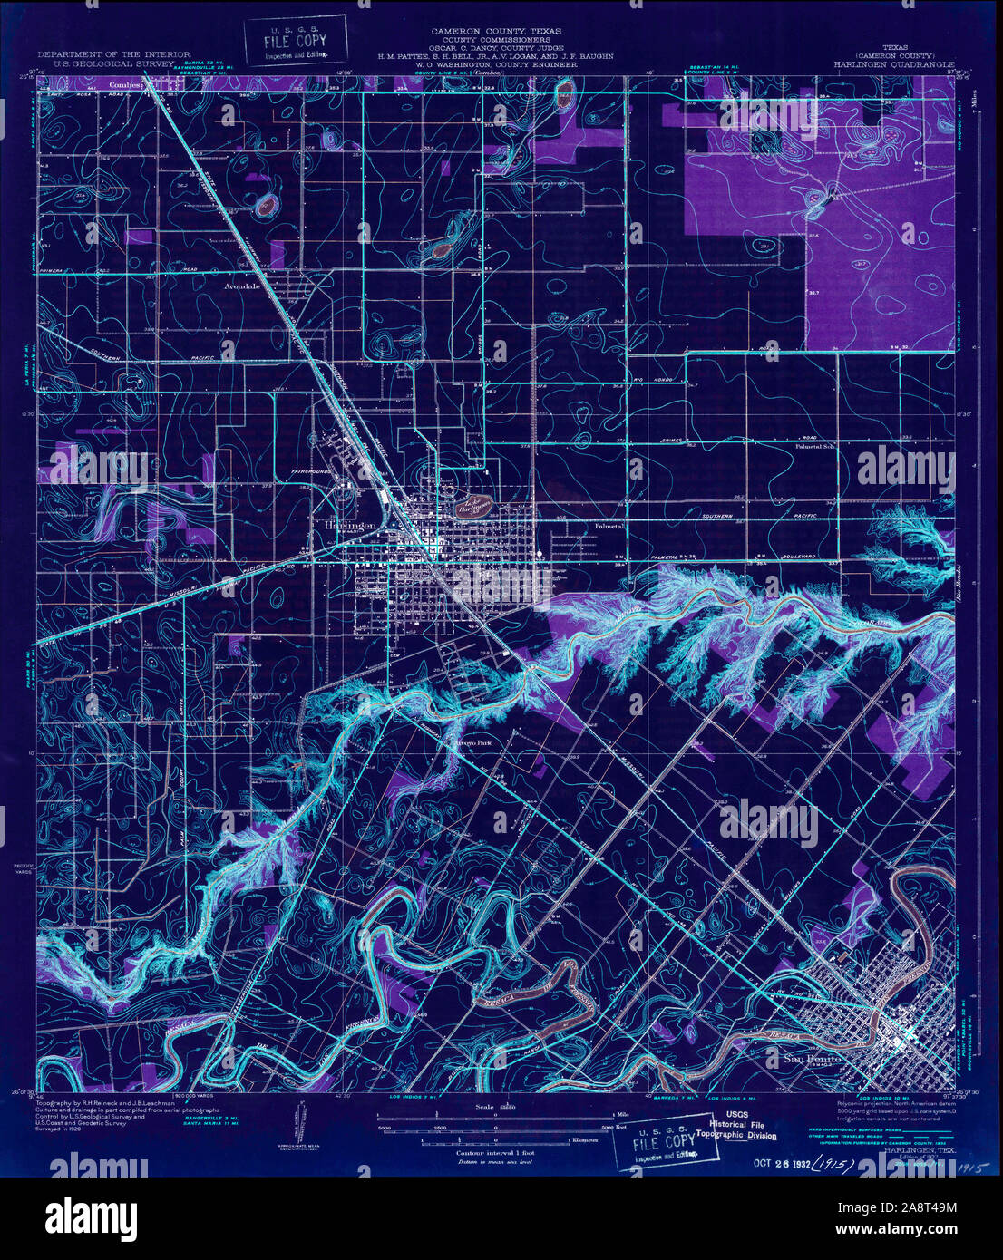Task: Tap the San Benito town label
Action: point(811,1059)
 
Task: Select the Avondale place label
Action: point(241,285)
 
